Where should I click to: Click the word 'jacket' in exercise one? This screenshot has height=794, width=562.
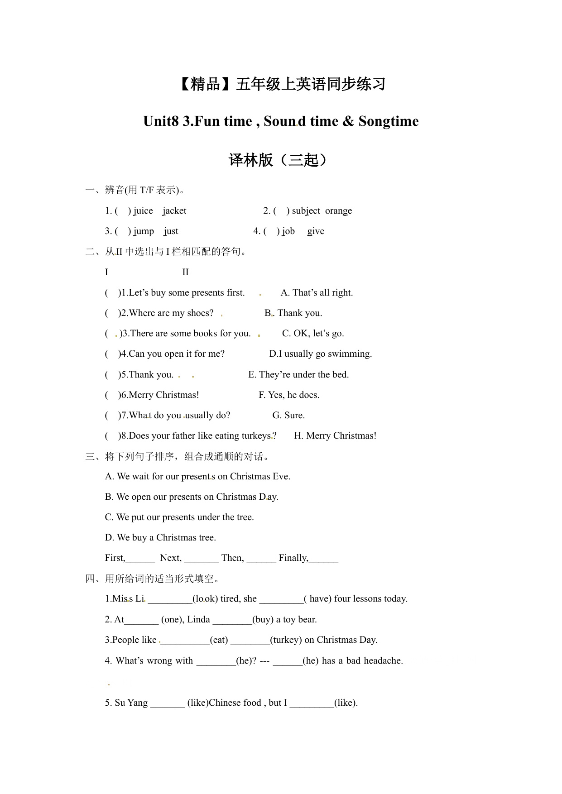174,211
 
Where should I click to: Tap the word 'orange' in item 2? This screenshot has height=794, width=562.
338,211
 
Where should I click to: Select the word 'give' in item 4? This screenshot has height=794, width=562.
316,231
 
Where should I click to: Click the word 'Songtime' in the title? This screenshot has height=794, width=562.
388,121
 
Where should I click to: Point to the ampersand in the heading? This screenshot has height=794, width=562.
348,121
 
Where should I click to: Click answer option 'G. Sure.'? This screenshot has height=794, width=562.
288,416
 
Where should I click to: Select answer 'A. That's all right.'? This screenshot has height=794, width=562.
317,293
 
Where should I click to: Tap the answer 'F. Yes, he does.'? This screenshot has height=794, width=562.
289,395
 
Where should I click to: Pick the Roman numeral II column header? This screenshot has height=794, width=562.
185,273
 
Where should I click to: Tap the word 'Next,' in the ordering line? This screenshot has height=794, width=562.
171,558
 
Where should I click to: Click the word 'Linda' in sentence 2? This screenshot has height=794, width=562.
198,620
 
